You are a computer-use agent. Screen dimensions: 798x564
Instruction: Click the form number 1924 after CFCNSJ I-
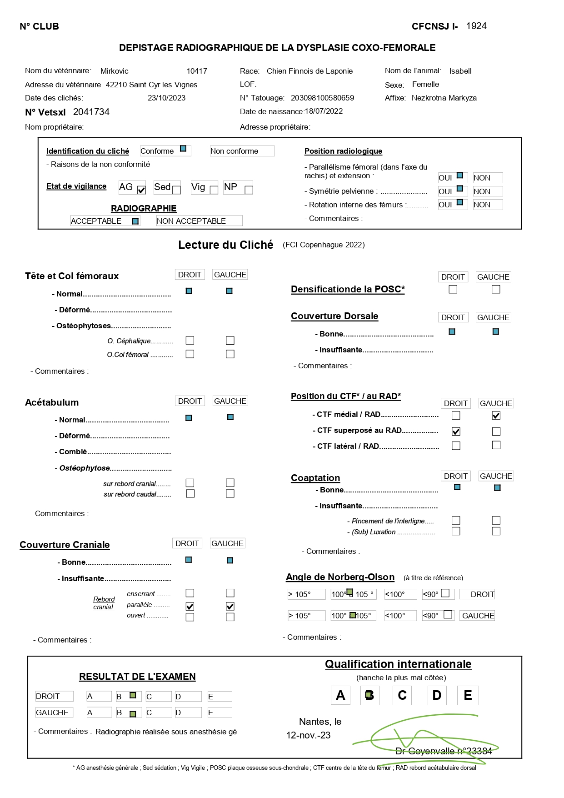click(x=476, y=26)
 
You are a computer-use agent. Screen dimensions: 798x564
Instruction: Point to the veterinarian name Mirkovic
click(x=114, y=71)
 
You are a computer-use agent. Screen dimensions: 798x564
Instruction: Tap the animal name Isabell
click(x=460, y=71)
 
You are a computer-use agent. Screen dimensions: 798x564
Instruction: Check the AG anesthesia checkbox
click(x=141, y=190)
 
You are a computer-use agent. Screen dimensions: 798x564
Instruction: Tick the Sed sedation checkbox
click(x=177, y=190)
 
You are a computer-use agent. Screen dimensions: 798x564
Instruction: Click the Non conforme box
click(x=242, y=151)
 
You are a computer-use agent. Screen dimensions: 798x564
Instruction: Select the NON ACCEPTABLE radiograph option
click(x=199, y=221)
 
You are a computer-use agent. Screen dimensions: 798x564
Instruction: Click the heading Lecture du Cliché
click(x=225, y=245)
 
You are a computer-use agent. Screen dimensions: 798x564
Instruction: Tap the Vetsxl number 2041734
click(x=91, y=112)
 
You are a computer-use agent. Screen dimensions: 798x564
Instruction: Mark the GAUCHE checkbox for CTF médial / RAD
click(x=496, y=416)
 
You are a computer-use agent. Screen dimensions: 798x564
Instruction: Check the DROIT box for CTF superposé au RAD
click(x=456, y=432)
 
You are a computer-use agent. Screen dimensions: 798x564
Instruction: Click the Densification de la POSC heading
click(x=348, y=289)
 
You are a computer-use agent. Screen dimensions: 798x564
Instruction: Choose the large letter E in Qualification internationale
click(x=468, y=695)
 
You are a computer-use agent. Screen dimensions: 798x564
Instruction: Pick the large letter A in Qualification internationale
click(x=340, y=695)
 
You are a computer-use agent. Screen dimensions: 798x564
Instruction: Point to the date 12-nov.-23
click(x=308, y=735)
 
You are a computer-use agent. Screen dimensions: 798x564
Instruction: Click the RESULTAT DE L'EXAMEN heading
click(x=137, y=677)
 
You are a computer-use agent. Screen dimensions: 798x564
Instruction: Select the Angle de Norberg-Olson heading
click(x=340, y=577)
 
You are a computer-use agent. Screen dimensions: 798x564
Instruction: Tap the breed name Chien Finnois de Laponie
click(x=309, y=71)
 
